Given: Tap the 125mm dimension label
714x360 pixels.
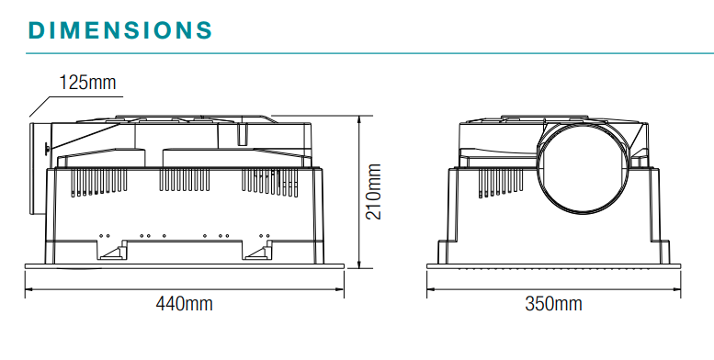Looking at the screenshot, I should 87,83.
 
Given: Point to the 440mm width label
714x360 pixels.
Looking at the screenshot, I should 183,303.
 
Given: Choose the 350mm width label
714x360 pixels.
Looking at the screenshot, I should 553,303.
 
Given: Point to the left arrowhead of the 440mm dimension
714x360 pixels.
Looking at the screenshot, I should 28,287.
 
